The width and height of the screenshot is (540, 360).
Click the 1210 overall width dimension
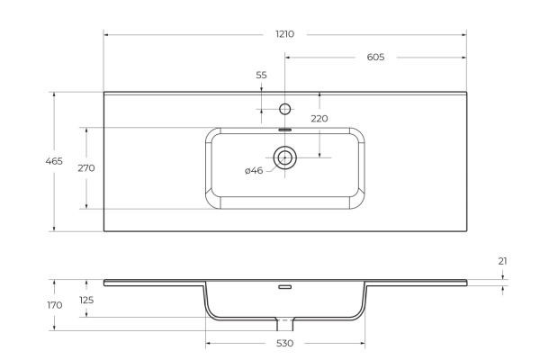284,33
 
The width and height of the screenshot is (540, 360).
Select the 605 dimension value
376,57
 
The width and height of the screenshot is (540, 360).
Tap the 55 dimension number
261,76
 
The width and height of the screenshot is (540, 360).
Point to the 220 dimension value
319,118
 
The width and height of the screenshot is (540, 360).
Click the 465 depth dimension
53,161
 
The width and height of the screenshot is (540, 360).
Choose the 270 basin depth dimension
86,168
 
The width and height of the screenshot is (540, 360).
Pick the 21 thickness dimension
502,261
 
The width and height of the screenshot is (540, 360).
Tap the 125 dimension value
86,300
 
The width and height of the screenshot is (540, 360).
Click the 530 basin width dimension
284,343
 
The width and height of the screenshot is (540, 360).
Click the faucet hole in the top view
285,110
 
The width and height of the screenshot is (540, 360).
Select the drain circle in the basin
285,158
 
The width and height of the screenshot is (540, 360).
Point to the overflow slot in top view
285,130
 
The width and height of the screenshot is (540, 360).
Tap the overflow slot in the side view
285,288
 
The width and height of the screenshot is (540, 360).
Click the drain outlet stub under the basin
285,322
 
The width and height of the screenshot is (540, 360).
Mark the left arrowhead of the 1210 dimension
106,34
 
